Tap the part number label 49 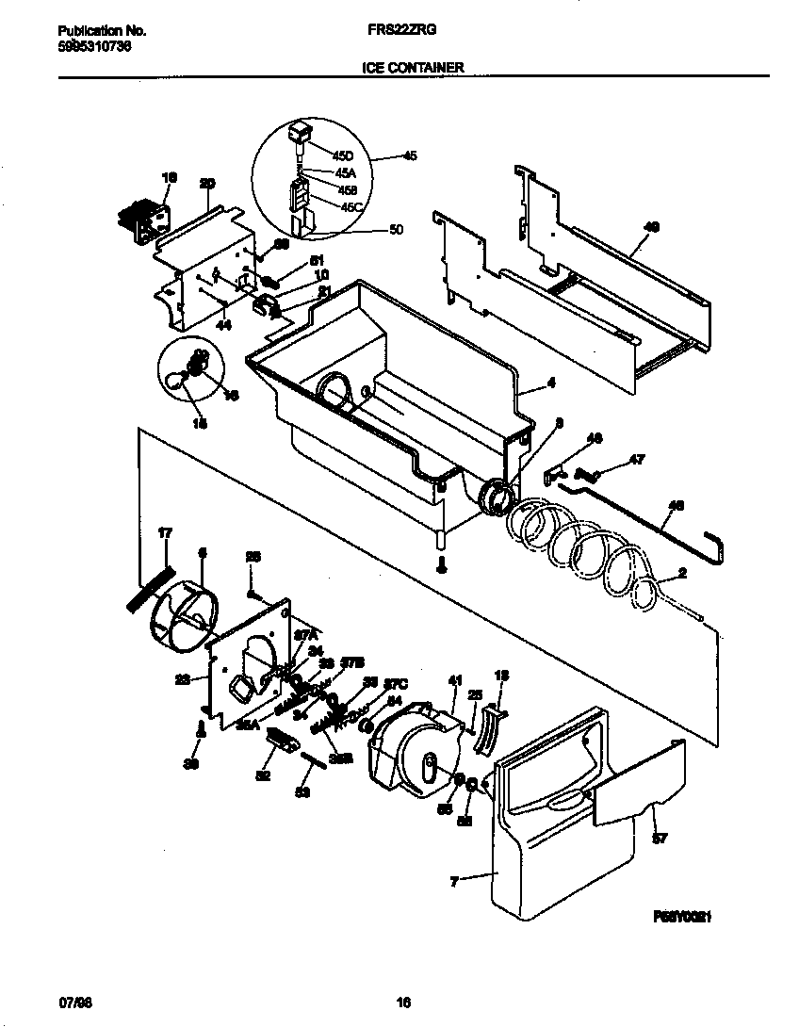click(651, 227)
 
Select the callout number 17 click(165, 533)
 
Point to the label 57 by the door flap click(659, 838)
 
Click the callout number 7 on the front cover click(455, 882)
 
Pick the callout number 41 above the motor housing click(455, 680)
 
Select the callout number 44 click(223, 324)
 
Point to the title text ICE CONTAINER click(413, 68)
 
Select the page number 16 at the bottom click(403, 1003)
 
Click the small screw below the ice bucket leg click(440, 564)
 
